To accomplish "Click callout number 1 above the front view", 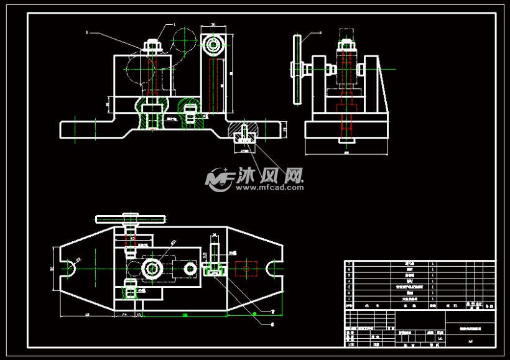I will tap(174, 25).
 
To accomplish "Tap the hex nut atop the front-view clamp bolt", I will tap(152, 45).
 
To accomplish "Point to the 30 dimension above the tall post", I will tap(213, 24).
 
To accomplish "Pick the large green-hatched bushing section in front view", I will tap(152, 112).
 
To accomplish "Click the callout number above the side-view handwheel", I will tap(321, 32).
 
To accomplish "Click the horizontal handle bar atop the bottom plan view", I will tap(131, 219).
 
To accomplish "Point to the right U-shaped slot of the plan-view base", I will tap(274, 269).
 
